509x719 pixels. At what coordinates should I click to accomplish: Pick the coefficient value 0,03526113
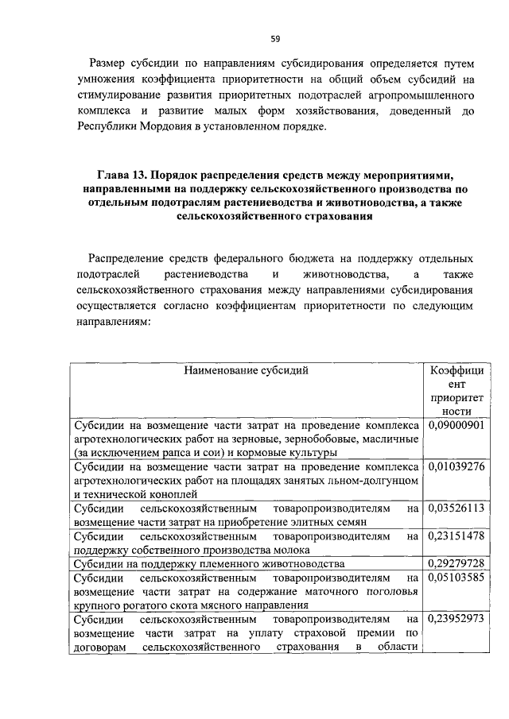point(457,507)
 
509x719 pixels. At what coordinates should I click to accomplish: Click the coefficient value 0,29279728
point(457,563)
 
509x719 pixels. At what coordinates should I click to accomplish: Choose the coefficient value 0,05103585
point(457,578)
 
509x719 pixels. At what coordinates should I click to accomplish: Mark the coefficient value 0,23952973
point(457,619)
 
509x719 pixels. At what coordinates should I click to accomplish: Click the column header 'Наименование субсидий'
point(246,370)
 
